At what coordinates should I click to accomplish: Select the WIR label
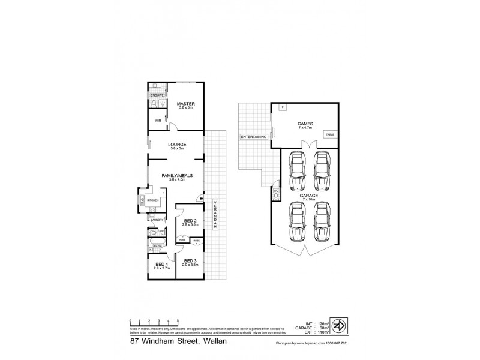(158, 121)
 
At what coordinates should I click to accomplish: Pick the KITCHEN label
(152, 200)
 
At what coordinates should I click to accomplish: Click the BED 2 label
(191, 221)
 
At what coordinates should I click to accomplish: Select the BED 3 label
(191, 261)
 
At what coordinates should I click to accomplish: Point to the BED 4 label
(162, 265)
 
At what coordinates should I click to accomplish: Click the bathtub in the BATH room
(158, 252)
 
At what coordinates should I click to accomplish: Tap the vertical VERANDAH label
(215, 213)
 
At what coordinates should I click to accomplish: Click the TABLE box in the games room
(330, 135)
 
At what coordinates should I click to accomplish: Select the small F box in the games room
(284, 107)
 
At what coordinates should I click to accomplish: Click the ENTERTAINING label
(253, 137)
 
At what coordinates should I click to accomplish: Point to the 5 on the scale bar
(178, 321)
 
